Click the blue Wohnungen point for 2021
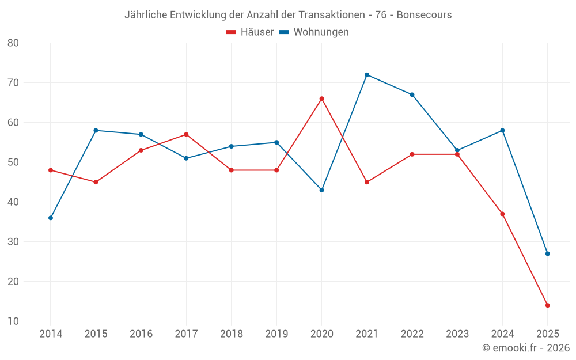coord(367,75)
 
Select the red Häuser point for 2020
coord(321,98)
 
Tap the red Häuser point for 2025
coord(548,305)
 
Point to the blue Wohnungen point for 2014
coord(51,218)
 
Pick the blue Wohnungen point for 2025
coord(548,253)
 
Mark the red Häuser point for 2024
coord(502,214)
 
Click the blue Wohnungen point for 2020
coord(321,190)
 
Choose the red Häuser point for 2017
coord(186,134)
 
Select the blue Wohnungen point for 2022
coord(412,94)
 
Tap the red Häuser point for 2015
coord(96,182)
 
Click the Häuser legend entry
coord(251,32)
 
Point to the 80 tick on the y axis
coord(13,43)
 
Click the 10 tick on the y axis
coord(13,321)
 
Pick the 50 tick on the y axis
coord(13,162)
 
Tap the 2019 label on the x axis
coord(276,334)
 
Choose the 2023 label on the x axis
coord(457,334)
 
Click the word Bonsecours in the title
coord(425,15)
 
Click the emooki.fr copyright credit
coord(526,348)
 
